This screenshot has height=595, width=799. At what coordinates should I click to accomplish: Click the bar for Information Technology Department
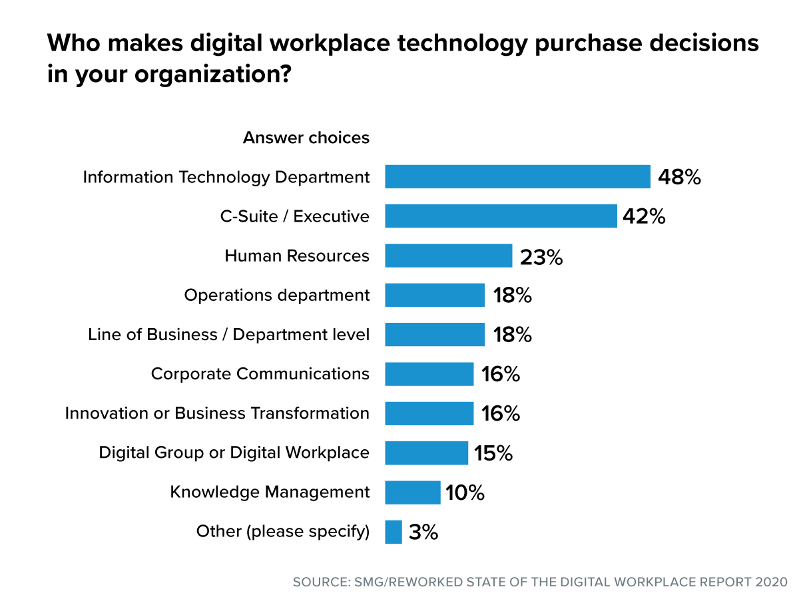click(517, 177)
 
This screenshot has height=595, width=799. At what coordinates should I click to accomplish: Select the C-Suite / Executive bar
click(501, 216)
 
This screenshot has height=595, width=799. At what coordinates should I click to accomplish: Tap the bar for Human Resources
click(448, 256)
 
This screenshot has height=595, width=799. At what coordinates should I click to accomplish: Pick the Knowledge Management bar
click(412, 493)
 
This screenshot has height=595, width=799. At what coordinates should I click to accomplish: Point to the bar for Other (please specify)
click(394, 532)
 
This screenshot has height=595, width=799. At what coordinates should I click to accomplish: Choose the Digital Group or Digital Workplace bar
click(426, 453)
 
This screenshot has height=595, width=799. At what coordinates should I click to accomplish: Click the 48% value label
click(679, 177)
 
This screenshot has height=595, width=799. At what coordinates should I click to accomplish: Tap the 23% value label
click(541, 256)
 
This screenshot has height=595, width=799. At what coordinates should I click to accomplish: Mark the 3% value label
click(423, 532)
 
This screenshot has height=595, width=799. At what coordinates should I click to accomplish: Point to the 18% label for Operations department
click(512, 296)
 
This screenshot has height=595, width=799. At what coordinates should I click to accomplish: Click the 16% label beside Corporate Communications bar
click(500, 374)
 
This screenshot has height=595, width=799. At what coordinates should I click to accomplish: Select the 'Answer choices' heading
click(306, 138)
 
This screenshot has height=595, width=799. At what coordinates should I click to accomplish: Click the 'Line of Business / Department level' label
click(228, 335)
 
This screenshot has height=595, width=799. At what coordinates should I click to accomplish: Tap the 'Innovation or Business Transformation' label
click(217, 413)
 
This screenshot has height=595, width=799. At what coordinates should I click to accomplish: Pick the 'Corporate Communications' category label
click(260, 374)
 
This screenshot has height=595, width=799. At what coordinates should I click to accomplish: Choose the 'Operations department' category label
click(276, 296)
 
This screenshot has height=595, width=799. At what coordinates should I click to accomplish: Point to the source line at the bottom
click(540, 582)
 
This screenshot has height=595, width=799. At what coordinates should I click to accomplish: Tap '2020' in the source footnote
click(772, 582)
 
